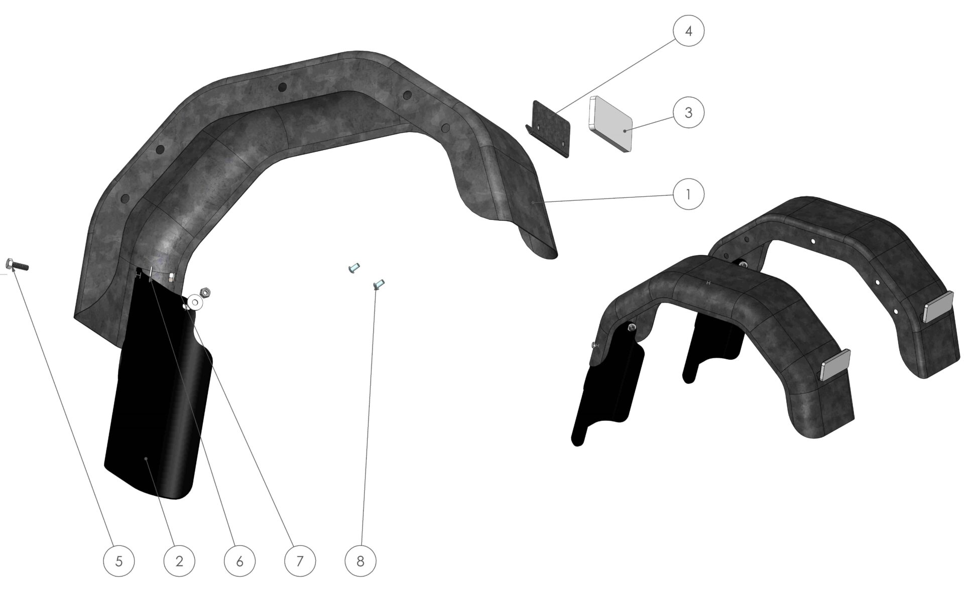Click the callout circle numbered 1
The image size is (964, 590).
[688, 194]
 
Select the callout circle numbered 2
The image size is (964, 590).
[179, 560]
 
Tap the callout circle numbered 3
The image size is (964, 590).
[688, 112]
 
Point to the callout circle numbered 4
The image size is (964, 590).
[688, 31]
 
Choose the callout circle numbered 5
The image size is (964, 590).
[119, 560]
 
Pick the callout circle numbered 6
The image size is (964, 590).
[239, 560]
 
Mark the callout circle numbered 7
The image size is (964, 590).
[300, 560]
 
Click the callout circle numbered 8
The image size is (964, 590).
[360, 560]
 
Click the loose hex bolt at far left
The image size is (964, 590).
[17, 264]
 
